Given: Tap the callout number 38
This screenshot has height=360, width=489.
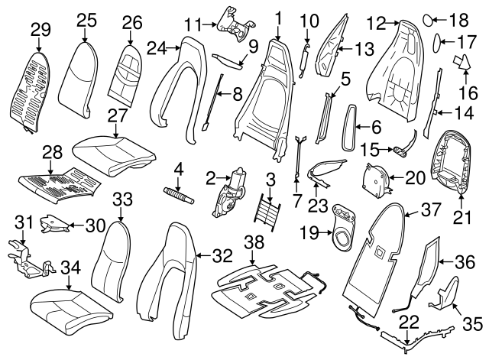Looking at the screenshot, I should pyautogui.click(x=253, y=242).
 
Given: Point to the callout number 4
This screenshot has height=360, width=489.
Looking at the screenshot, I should pyautogui.click(x=177, y=168).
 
